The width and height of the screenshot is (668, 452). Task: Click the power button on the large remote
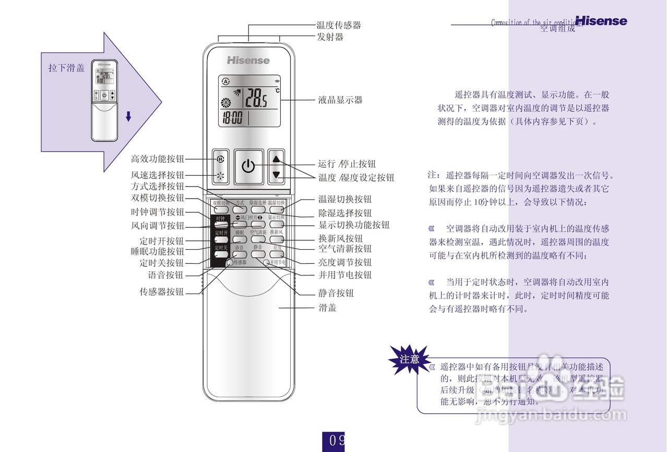(x=248, y=167)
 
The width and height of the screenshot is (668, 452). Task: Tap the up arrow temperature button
(x=276, y=160)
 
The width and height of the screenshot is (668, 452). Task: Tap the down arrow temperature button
(x=276, y=175)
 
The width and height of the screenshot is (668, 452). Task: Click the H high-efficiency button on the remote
(x=220, y=159)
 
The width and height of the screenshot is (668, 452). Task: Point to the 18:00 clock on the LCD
(x=232, y=118)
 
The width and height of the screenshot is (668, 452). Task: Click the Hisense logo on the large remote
(x=248, y=60)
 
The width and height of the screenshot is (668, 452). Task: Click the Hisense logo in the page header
(x=601, y=21)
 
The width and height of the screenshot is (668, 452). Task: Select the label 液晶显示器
(x=340, y=100)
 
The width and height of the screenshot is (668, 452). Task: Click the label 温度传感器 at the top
(x=339, y=25)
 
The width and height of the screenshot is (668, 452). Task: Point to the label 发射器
(x=330, y=37)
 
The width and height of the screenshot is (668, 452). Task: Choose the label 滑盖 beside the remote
(x=328, y=308)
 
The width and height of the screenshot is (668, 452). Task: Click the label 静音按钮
(x=336, y=294)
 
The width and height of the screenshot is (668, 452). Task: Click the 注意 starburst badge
(x=409, y=359)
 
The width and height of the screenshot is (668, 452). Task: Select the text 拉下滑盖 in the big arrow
(x=66, y=68)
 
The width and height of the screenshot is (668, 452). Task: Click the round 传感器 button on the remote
(x=230, y=263)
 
